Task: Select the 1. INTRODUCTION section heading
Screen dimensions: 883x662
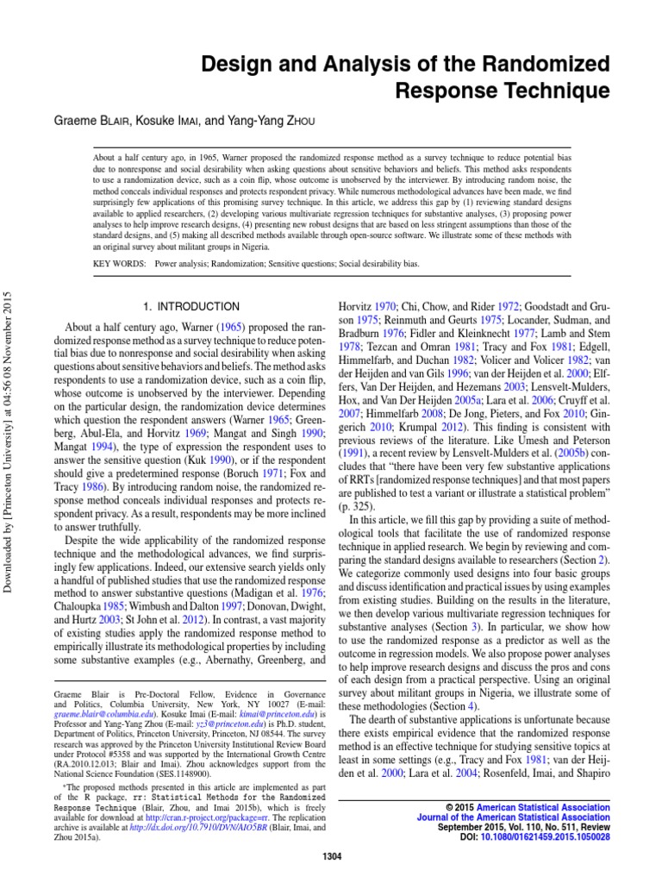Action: click(190, 306)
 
